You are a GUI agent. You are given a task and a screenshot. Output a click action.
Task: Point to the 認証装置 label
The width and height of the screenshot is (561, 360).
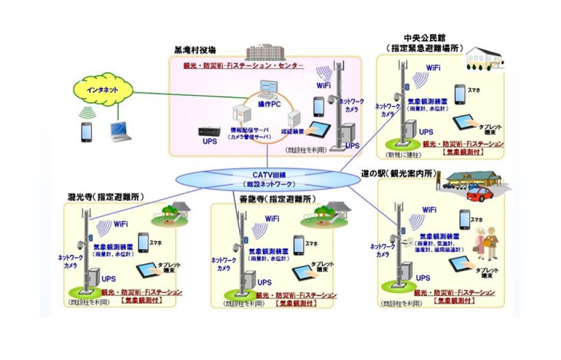point(293,132)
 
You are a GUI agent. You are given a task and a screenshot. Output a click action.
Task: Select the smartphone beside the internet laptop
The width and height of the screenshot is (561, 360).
point(86,132)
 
